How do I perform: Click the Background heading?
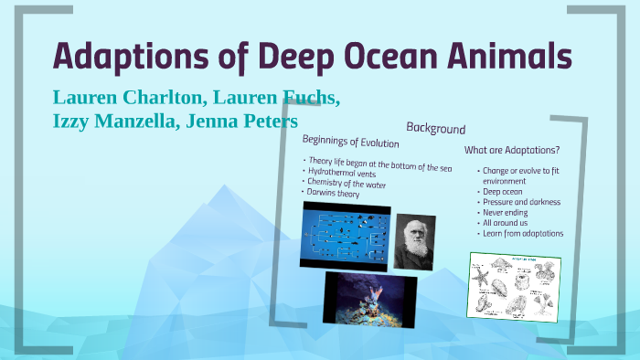click(436, 130)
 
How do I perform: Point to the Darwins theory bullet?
click(336, 194)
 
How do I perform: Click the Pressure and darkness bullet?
click(522, 201)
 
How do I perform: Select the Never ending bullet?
click(506, 212)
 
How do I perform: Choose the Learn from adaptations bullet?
click(524, 233)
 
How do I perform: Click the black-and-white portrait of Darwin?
click(414, 240)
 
